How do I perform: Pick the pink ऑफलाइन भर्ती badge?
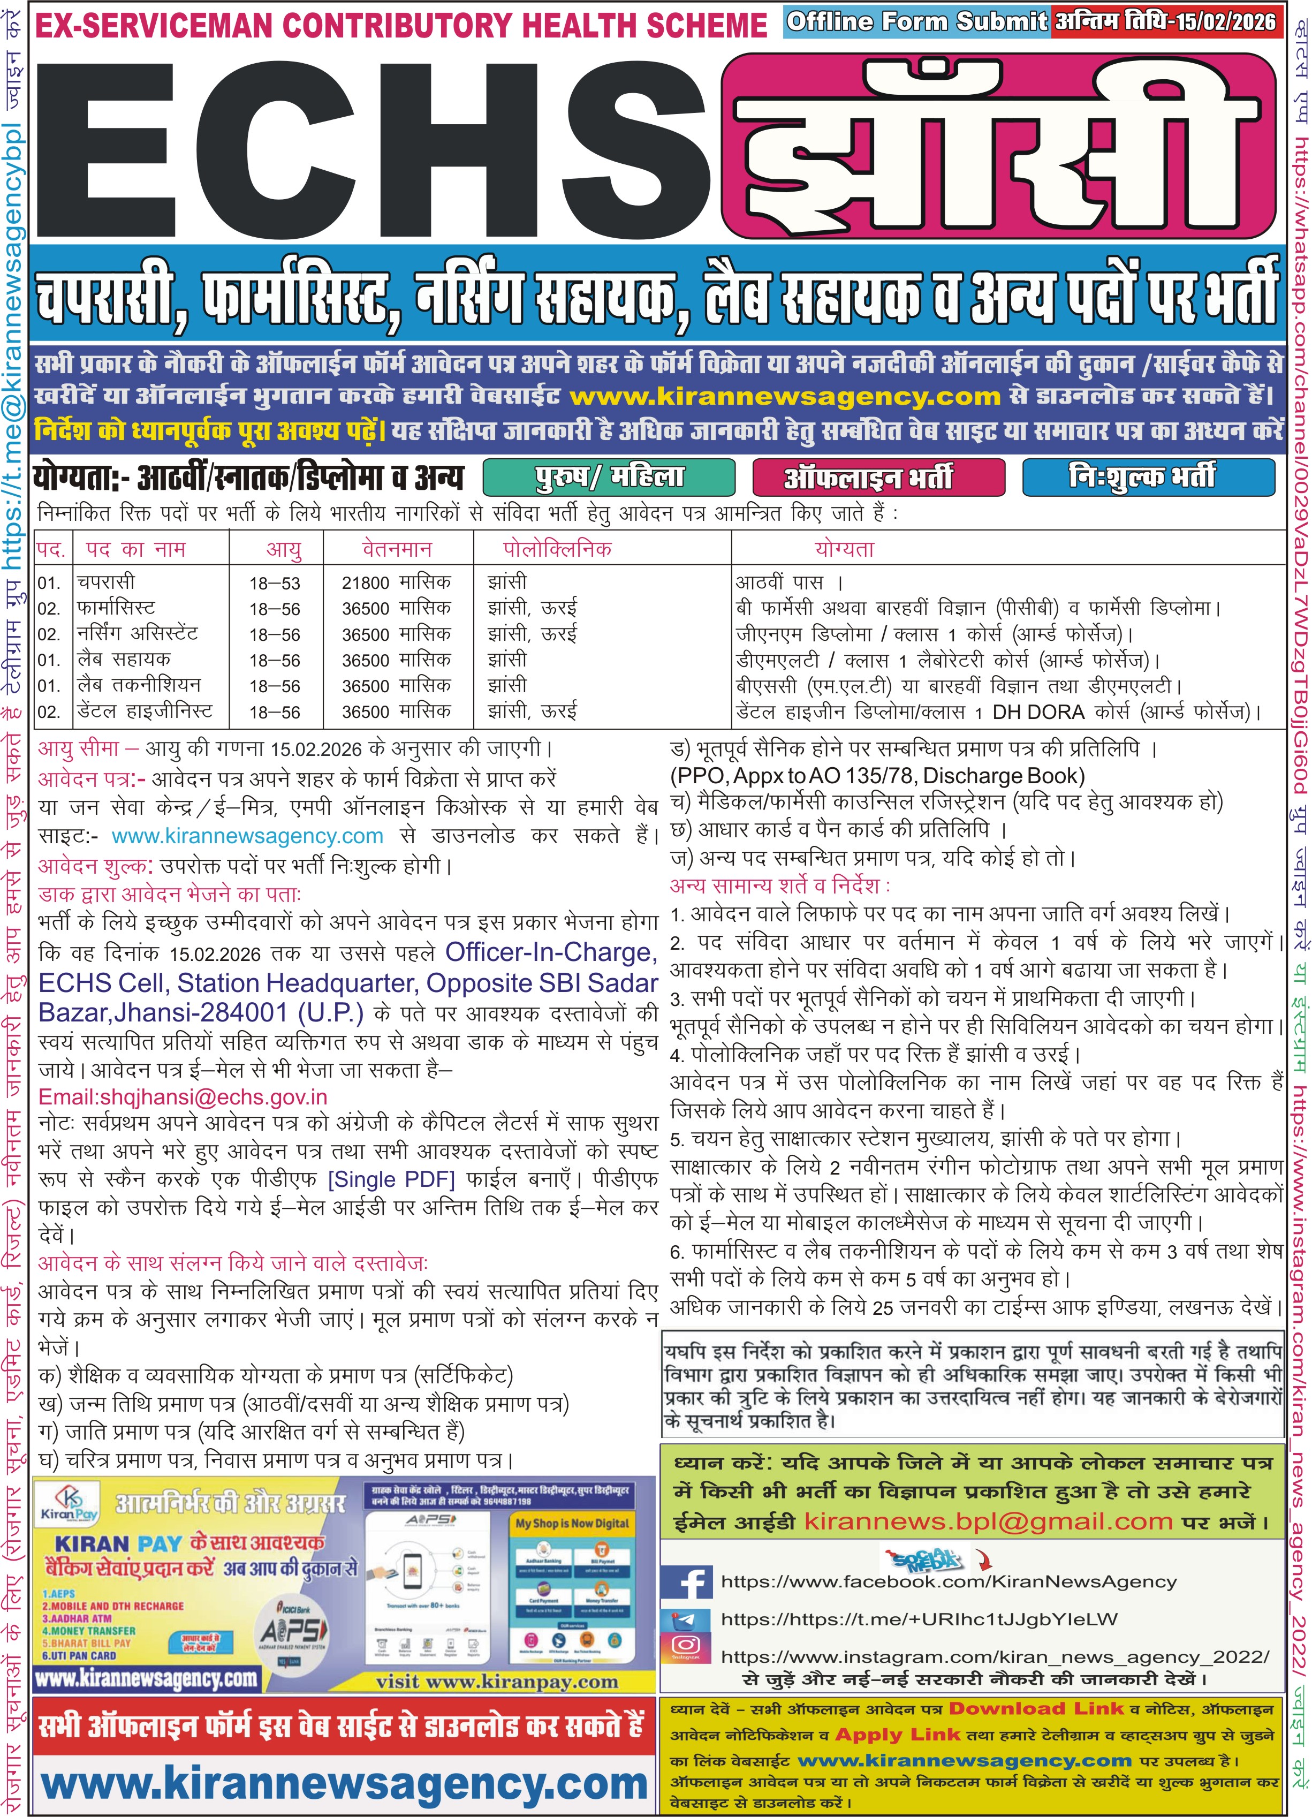(x=878, y=478)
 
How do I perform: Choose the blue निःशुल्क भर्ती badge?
(x=1147, y=478)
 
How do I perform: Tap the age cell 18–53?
(x=275, y=583)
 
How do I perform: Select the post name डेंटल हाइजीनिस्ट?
(x=145, y=711)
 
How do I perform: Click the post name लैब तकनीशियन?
(x=139, y=686)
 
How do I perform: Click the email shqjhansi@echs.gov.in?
(x=183, y=1097)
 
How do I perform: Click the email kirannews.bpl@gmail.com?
(x=988, y=1522)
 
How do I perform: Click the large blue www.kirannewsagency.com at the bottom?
(x=344, y=1783)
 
